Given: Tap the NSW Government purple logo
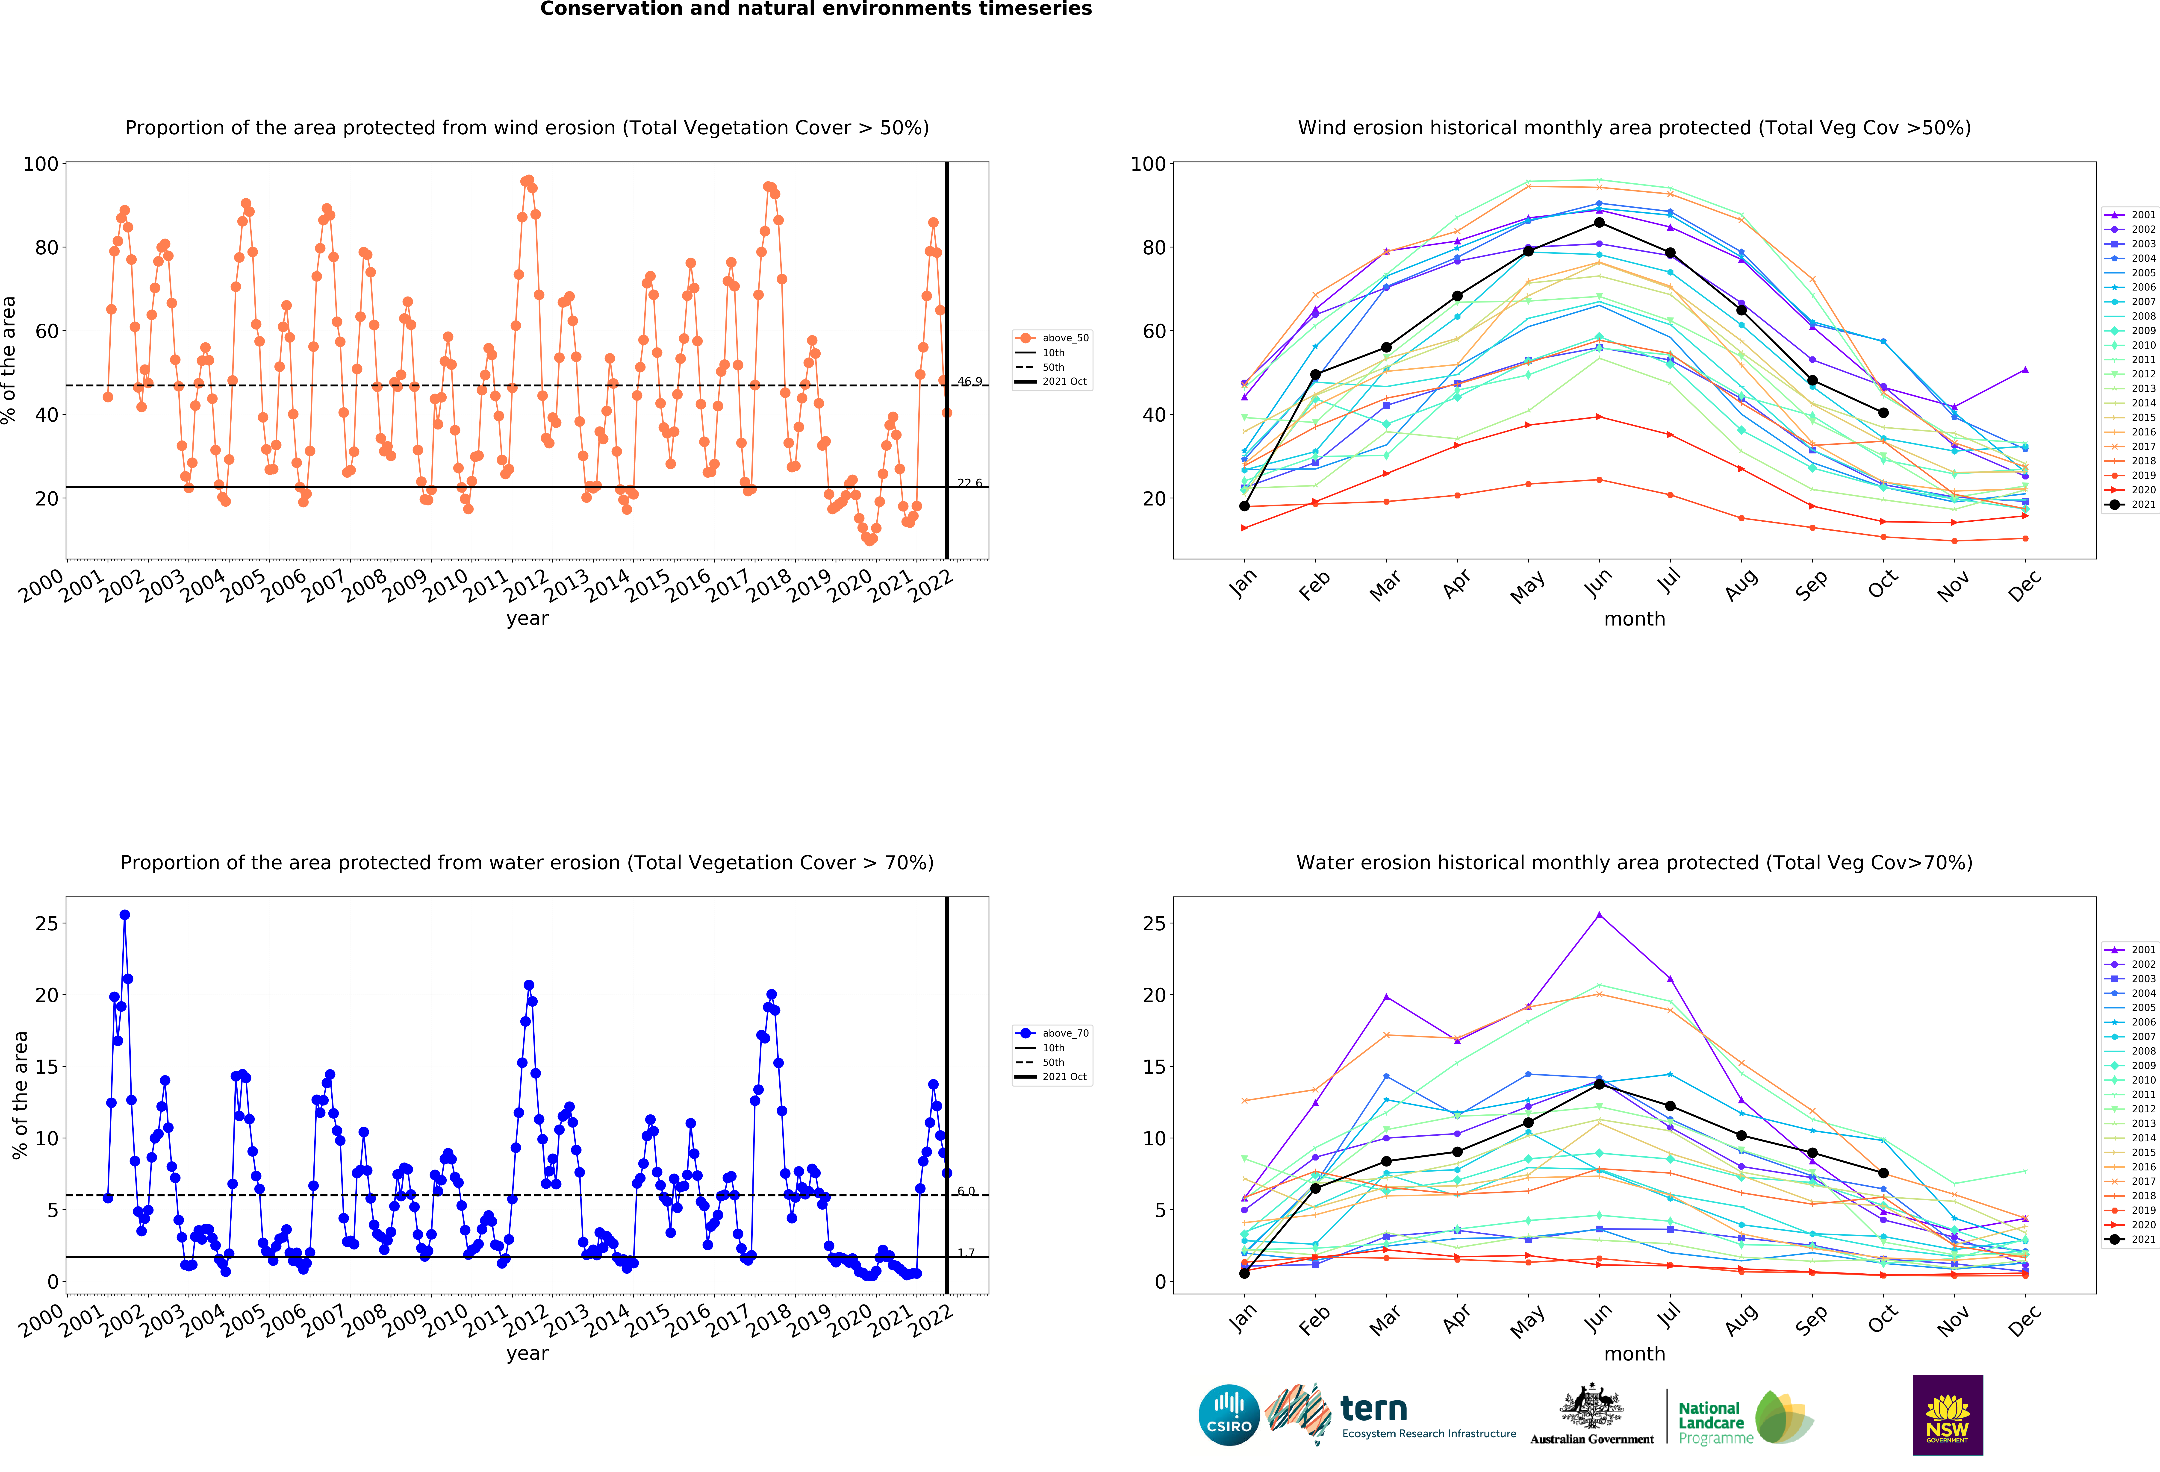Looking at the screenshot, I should tap(1947, 1414).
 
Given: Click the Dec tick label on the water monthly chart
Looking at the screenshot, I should tap(2023, 1320).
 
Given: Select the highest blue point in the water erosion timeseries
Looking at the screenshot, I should tap(124, 914).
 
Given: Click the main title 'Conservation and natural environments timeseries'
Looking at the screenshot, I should tap(816, 9).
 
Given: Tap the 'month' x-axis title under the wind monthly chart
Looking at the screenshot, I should tap(1634, 619).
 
